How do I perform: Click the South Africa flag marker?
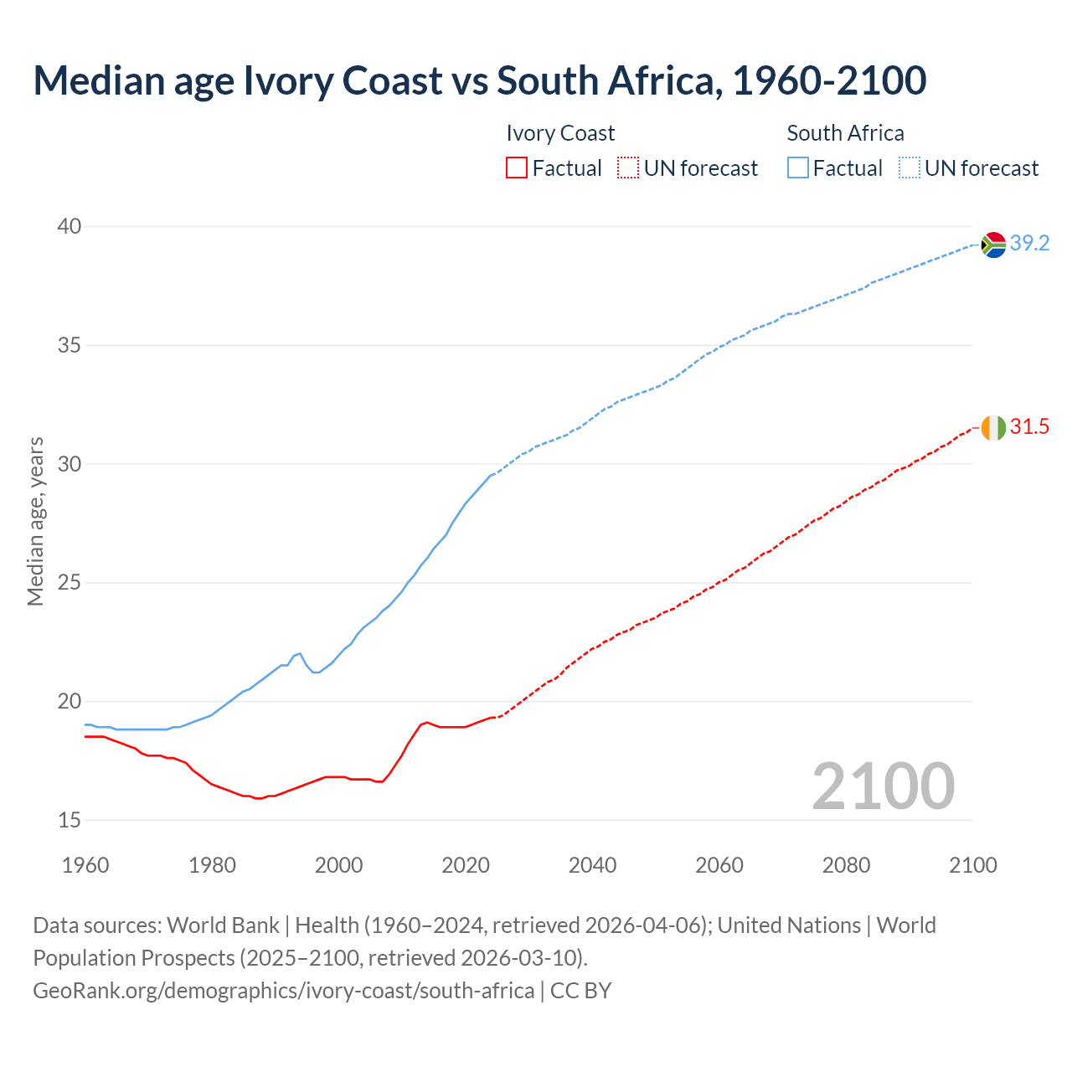(993, 245)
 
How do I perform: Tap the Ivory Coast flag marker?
(993, 428)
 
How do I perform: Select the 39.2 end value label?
(1029, 244)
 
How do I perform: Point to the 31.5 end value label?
(1029, 427)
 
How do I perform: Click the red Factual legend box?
(517, 168)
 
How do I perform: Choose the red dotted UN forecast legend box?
(628, 168)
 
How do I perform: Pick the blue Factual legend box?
(798, 168)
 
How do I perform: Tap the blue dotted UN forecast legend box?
(910, 168)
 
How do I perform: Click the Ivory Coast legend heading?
(560, 133)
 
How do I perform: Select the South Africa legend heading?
(845, 133)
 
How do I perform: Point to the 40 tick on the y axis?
(70, 227)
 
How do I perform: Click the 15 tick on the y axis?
(70, 820)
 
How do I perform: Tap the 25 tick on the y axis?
(70, 583)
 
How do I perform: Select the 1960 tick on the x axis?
(85, 865)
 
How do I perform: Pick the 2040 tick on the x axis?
(592, 865)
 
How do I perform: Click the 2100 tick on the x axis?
(973, 865)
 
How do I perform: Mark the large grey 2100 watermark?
(884, 786)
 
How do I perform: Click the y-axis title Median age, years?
(35, 521)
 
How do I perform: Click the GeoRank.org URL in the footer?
(283, 991)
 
